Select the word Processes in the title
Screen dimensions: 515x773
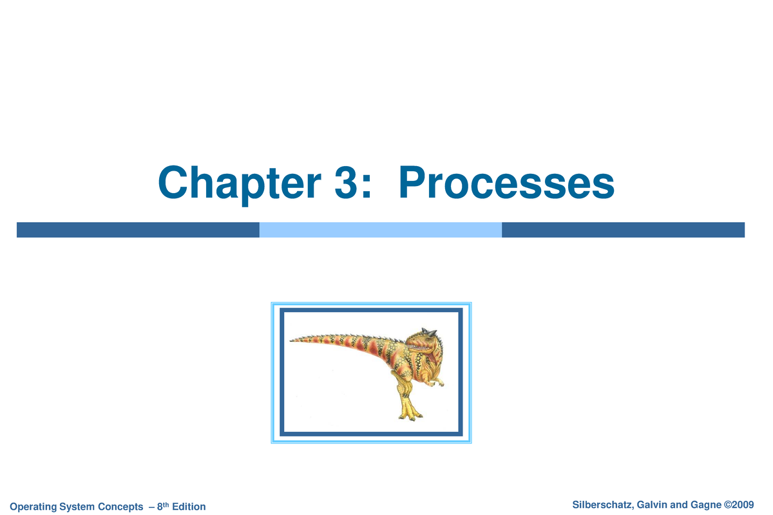click(x=506, y=183)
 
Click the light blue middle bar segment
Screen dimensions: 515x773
click(x=380, y=230)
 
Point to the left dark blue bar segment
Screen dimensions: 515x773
click(x=137, y=230)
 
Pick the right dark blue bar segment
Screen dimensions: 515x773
click(x=623, y=230)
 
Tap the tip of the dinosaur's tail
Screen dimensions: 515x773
click(x=292, y=341)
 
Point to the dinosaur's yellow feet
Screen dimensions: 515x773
click(x=409, y=412)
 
